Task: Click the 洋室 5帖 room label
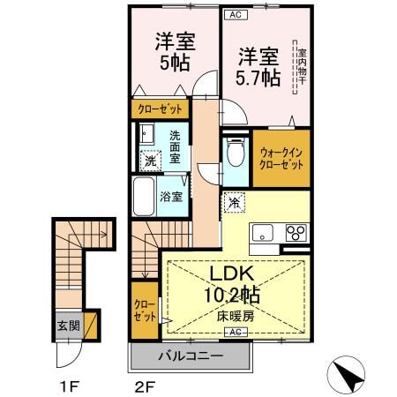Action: coord(176,52)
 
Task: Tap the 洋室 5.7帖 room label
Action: coord(258,67)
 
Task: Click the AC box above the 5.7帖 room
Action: coord(235,15)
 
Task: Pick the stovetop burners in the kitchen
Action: coord(295,234)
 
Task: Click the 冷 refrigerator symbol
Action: coord(235,202)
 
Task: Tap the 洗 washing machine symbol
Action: coord(151,161)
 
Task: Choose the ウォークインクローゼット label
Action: coord(281,159)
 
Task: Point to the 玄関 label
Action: coord(69,325)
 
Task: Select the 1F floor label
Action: coord(70,385)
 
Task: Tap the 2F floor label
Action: coord(145,385)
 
